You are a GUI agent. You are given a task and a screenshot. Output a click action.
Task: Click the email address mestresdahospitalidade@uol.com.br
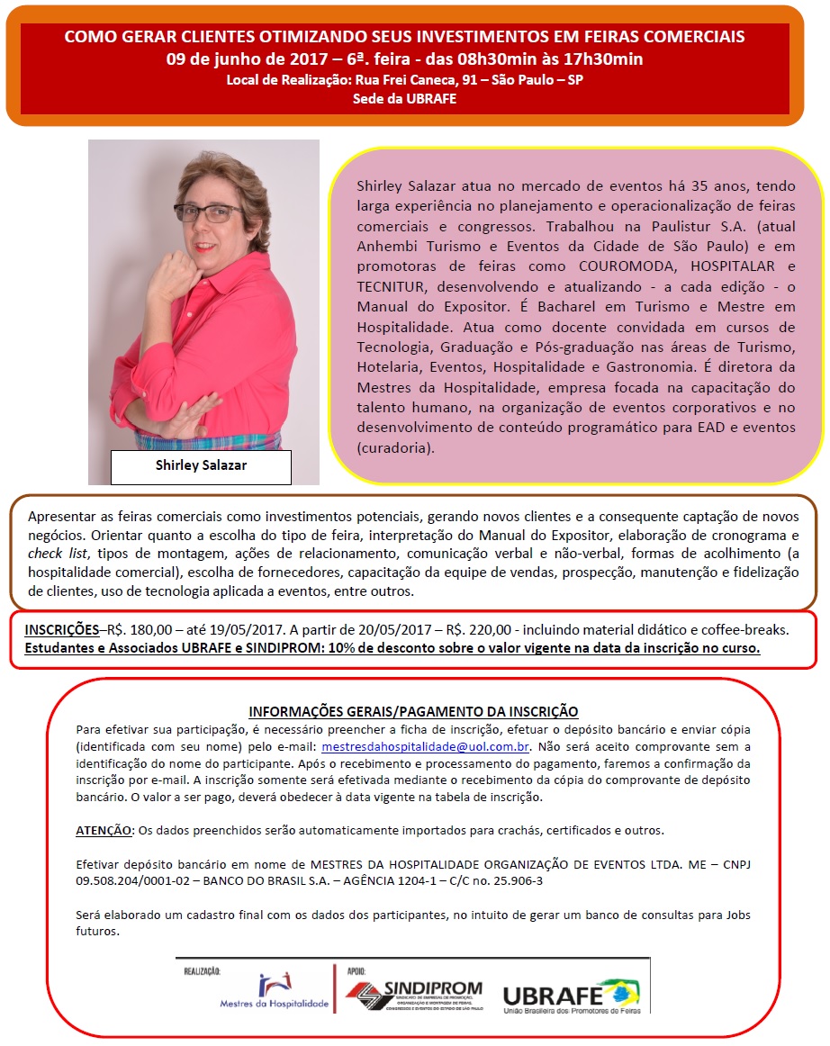426,746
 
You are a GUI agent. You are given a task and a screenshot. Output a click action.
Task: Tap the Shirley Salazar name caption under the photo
201,465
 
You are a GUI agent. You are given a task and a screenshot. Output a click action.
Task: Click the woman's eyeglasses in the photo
208,213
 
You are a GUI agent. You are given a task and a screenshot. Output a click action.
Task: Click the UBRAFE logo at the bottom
572,997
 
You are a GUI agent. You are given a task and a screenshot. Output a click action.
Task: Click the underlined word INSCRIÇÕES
61,629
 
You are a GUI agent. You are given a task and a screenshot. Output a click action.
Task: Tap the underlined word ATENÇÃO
104,830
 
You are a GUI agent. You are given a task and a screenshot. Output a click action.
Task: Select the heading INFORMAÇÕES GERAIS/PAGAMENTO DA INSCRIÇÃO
413,711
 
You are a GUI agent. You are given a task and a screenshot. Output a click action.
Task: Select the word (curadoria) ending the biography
395,447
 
